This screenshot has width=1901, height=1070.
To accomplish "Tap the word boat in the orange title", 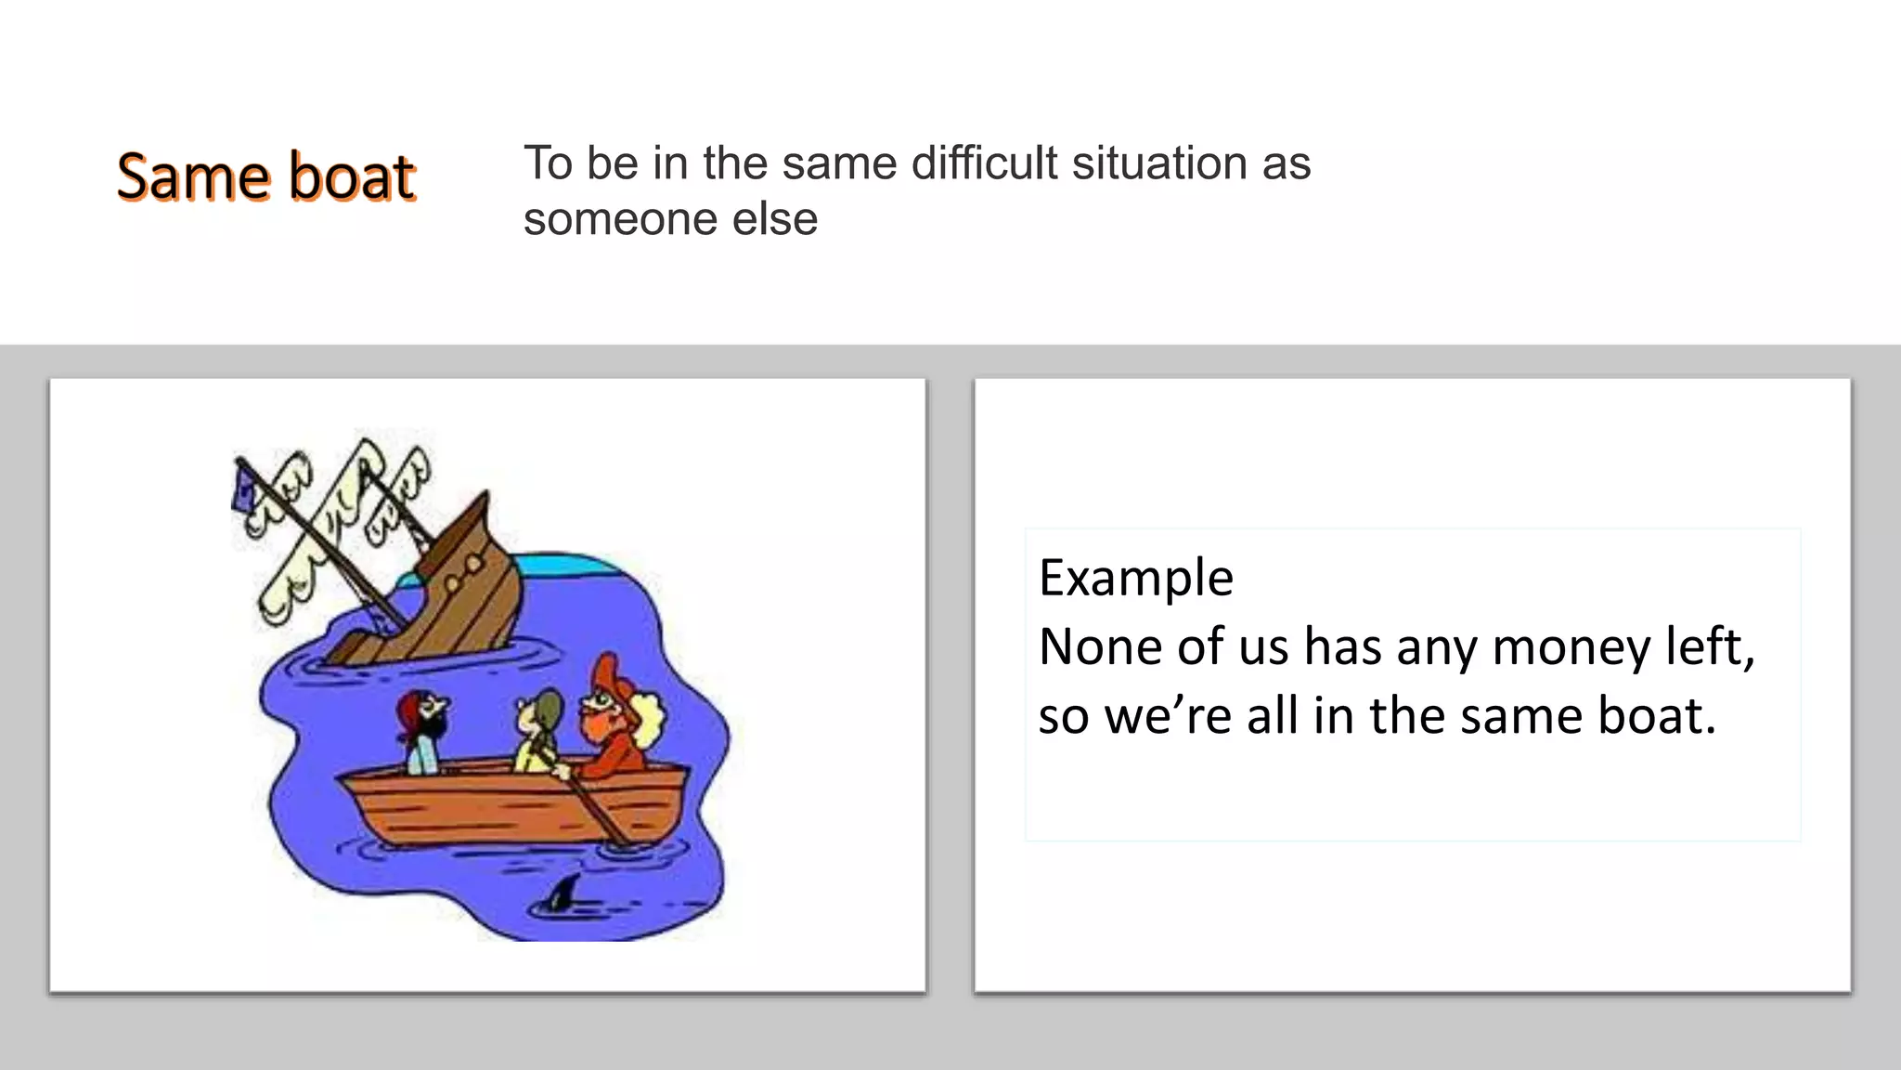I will click(x=352, y=176).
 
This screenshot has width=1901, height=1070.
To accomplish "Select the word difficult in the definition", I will click(x=984, y=163).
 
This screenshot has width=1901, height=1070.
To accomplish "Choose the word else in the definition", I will click(x=775, y=219).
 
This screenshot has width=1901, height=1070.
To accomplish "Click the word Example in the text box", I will click(x=1135, y=578).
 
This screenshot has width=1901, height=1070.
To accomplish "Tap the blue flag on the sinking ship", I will click(x=245, y=489).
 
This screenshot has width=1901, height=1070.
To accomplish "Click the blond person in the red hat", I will click(x=617, y=715).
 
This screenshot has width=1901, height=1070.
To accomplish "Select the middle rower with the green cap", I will click(x=538, y=729).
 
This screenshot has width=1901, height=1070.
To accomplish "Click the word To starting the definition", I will click(x=548, y=163).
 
